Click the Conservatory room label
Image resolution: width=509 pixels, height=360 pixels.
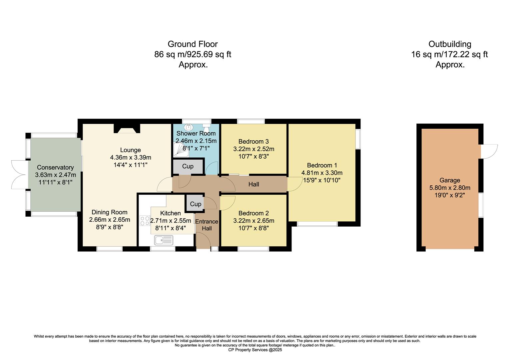55,167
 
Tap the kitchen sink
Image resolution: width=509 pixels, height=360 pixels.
163,239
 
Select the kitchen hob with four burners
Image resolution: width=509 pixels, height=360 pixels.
145,221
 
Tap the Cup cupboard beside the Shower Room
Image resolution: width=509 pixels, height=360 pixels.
188,166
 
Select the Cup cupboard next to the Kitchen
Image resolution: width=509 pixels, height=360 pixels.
195,204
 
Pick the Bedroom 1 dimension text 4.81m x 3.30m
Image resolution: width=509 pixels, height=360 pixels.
322,173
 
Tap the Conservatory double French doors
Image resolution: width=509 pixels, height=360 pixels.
19,175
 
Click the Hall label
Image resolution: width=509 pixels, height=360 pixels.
254,184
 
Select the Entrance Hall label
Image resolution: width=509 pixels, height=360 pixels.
207,225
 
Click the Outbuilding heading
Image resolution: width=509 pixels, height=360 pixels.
450,44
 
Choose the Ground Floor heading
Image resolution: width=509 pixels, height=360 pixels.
193,44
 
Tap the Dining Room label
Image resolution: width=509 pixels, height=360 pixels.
109,212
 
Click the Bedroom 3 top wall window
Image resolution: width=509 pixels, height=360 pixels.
251,121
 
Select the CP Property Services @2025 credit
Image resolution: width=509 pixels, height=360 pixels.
255,350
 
